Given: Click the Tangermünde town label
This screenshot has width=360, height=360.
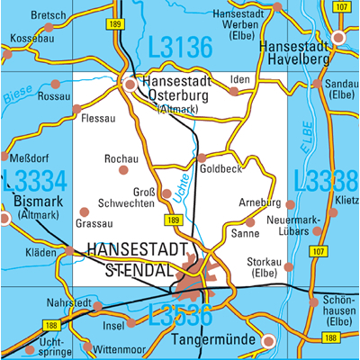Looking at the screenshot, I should click(211, 341).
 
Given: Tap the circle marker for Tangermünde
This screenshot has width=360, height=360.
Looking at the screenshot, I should click(267, 340).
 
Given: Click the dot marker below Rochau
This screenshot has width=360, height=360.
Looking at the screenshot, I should click(123, 169).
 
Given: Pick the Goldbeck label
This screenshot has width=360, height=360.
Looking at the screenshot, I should click(220, 168).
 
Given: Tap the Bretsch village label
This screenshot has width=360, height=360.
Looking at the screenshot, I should click(48, 15).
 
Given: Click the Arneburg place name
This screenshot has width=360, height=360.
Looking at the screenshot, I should click(260, 203).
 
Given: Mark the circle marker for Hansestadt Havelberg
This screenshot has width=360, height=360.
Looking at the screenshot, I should click(338, 38).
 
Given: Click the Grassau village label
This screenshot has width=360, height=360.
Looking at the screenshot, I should click(95, 222).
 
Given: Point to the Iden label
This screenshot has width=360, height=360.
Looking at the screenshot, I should click(239, 79).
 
